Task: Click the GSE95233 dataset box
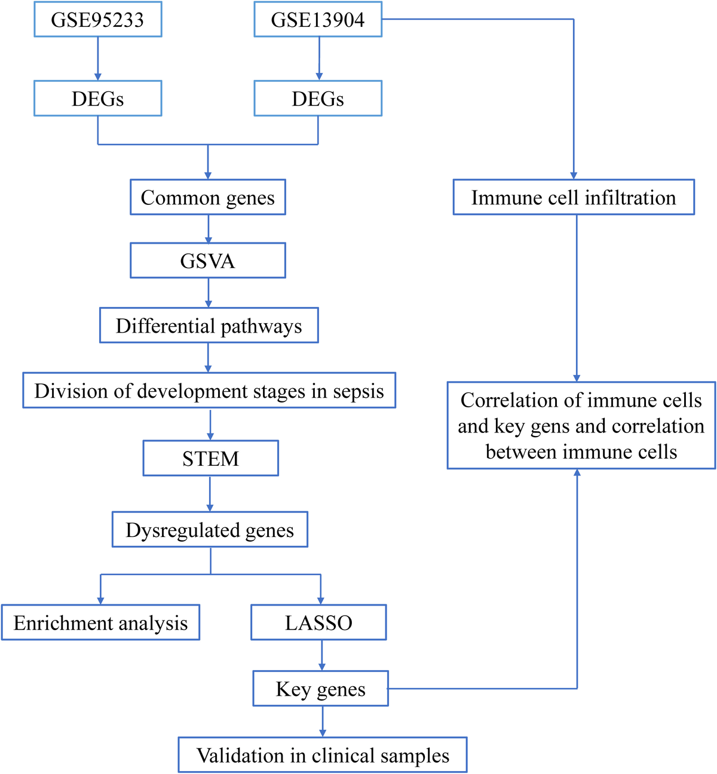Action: pos(97,20)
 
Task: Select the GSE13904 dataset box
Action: pos(318,20)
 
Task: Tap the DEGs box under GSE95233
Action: pos(97,99)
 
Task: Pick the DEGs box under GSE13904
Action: pos(318,99)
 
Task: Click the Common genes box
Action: pos(208,197)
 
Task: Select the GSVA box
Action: pos(208,260)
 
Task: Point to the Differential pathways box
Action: pos(209,325)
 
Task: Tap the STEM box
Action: pos(210,458)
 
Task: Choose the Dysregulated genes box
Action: pos(210,530)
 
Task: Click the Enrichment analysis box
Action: pos(100,623)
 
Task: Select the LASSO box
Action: pos(318,623)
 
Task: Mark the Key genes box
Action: pos(321,689)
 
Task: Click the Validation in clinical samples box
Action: pos(323,755)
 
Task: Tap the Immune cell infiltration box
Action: pos(574,197)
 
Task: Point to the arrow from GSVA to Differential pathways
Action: pos(208,293)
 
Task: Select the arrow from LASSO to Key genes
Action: pos(322,655)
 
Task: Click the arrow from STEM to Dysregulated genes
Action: pos(210,493)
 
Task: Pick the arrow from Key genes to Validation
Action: pos(323,721)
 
